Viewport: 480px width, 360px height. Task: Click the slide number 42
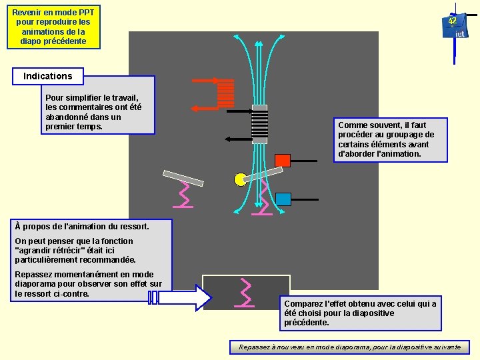pyautogui.click(x=452, y=21)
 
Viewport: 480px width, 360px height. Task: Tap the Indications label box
pyautogui.click(x=48, y=76)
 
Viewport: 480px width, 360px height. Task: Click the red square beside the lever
pyautogui.click(x=283, y=160)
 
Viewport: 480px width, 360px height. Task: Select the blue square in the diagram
pyautogui.click(x=283, y=199)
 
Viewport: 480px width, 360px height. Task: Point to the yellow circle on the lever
pyautogui.click(x=240, y=179)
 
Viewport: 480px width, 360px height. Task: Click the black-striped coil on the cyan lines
pyautogui.click(x=259, y=124)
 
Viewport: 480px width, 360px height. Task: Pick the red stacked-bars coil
pyautogui.click(x=225, y=94)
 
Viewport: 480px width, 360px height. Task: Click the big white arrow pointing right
pyautogui.click(x=179, y=297)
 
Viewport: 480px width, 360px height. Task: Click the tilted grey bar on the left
pyautogui.click(x=183, y=177)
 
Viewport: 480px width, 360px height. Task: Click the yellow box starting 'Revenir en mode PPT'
pyautogui.click(x=53, y=27)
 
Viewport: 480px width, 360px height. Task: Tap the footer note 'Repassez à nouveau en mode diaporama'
pyautogui.click(x=350, y=347)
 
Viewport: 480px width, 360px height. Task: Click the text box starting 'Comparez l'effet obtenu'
pyautogui.click(x=361, y=313)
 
